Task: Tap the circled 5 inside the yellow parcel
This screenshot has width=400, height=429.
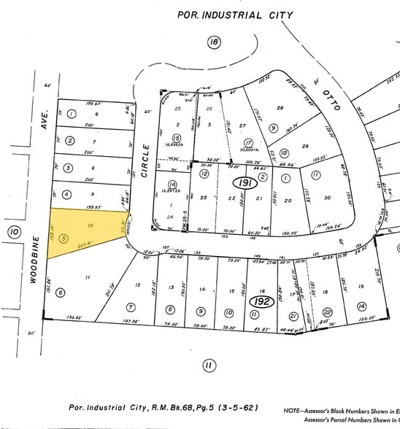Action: click(64, 238)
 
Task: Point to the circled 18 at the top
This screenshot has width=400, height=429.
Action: click(213, 43)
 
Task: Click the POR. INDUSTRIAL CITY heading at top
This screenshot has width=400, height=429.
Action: click(236, 15)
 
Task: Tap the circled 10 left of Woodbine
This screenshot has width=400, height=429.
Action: click(14, 233)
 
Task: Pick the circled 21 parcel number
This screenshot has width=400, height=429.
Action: click(292, 315)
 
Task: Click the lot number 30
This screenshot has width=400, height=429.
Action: click(326, 197)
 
